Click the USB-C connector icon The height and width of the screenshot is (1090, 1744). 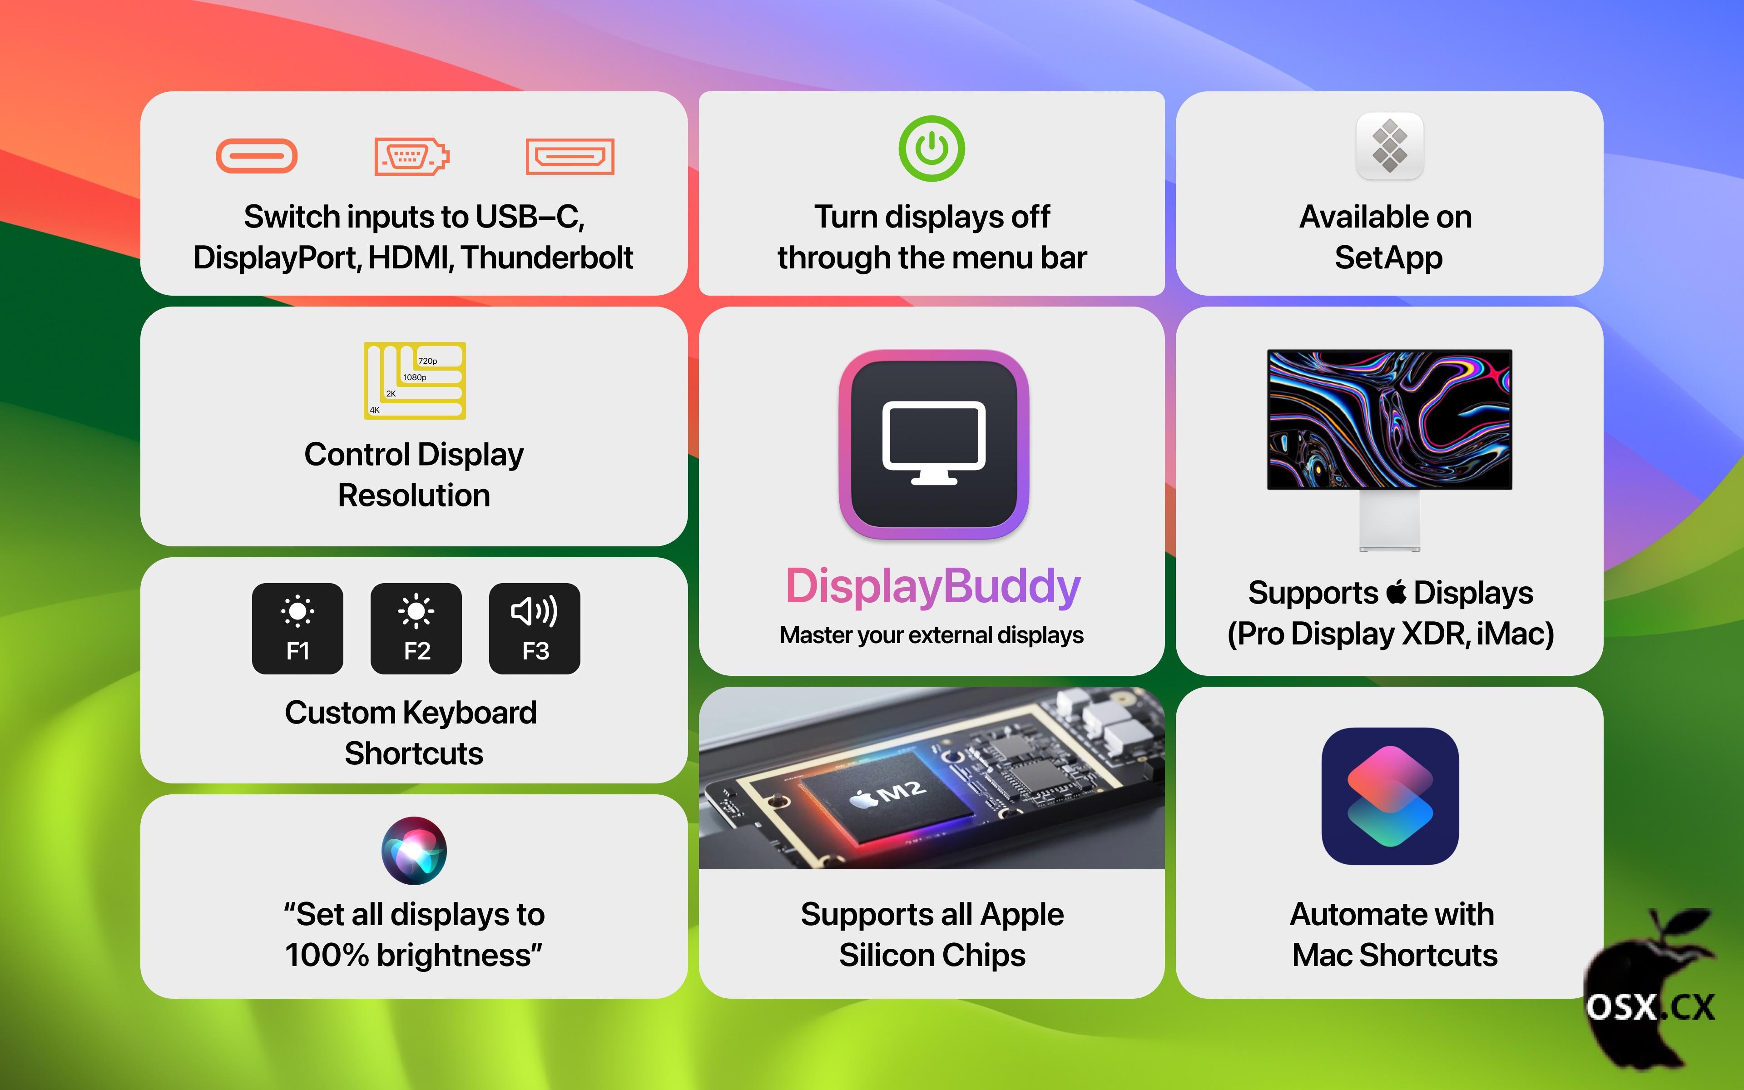coord(257,156)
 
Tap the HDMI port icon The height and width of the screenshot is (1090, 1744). coord(570,156)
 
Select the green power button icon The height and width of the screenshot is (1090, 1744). coord(932,149)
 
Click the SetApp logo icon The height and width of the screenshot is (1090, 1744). coord(1389,146)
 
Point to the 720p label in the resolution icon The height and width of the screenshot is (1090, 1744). coord(427,361)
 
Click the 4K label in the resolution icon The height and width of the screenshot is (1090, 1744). coord(375,410)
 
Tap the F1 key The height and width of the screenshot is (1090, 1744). coord(297,629)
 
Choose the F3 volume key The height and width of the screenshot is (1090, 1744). coord(535,629)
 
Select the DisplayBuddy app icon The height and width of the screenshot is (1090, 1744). coord(934,445)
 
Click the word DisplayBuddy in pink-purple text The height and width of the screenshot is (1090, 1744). coord(932,586)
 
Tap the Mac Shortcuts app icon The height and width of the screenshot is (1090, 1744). coord(1390,796)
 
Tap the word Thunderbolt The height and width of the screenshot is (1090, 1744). coord(547,258)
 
